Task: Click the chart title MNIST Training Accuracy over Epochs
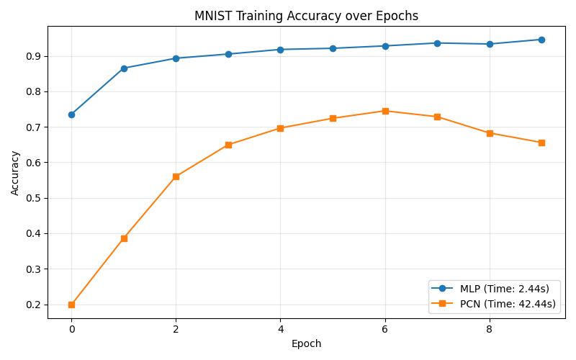click(306, 16)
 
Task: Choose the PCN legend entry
click(492, 304)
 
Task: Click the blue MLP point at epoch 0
click(71, 114)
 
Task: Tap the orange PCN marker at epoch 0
click(71, 305)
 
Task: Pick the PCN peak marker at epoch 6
click(385, 111)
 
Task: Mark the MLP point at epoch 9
click(541, 40)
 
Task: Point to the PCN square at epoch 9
click(541, 143)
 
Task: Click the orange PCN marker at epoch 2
click(176, 176)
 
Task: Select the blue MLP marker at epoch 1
click(124, 68)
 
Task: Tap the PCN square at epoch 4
click(280, 128)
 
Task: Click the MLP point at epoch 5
click(333, 48)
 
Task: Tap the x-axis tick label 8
click(490, 329)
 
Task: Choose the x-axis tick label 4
click(280, 329)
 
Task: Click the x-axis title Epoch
click(306, 344)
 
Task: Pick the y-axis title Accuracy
click(15, 173)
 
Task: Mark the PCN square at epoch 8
click(490, 133)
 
